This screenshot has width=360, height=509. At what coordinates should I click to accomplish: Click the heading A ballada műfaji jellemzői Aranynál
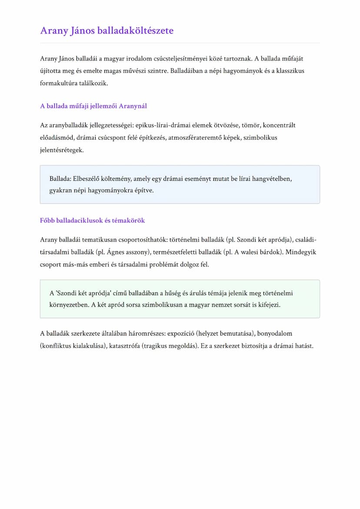click(x=96, y=106)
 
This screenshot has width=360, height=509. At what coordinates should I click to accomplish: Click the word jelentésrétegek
click(x=61, y=150)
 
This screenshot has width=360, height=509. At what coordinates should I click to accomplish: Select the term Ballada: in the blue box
click(x=60, y=178)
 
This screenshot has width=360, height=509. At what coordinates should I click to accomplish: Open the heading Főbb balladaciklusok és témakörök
click(x=92, y=220)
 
